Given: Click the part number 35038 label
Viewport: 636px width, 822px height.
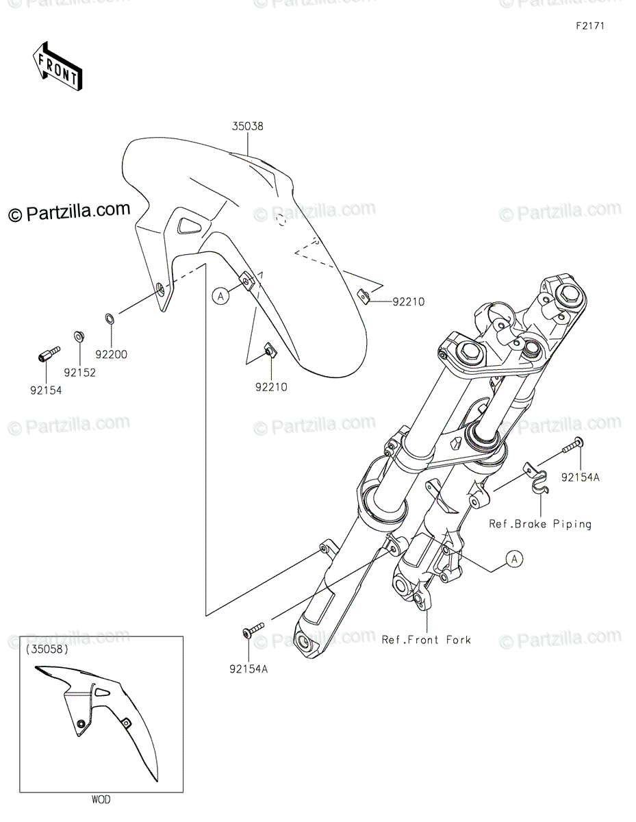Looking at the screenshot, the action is click(248, 126).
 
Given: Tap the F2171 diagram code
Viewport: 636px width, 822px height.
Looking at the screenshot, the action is click(590, 26).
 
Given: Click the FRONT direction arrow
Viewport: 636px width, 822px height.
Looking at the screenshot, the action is click(58, 66).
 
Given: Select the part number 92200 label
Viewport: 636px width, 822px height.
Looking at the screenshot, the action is click(111, 354).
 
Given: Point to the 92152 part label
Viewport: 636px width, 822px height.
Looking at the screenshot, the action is click(79, 373).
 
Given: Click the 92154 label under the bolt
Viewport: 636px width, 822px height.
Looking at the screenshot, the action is click(46, 390).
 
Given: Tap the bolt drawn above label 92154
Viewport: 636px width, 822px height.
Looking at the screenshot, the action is click(49, 353).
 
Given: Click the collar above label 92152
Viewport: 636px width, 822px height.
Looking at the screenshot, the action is click(79, 336).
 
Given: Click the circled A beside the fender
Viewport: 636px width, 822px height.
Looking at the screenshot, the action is click(220, 296).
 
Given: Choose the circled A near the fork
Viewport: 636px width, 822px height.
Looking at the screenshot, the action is click(514, 558).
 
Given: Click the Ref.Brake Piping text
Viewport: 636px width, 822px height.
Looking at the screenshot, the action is click(540, 524).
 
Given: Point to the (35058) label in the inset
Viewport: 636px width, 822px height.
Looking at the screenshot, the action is click(47, 649).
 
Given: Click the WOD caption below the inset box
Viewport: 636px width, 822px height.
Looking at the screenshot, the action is click(101, 799).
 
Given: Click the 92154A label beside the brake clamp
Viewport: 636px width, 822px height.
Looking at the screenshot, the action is click(581, 477).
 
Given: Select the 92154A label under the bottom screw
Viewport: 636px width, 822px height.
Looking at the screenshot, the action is click(249, 669).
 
